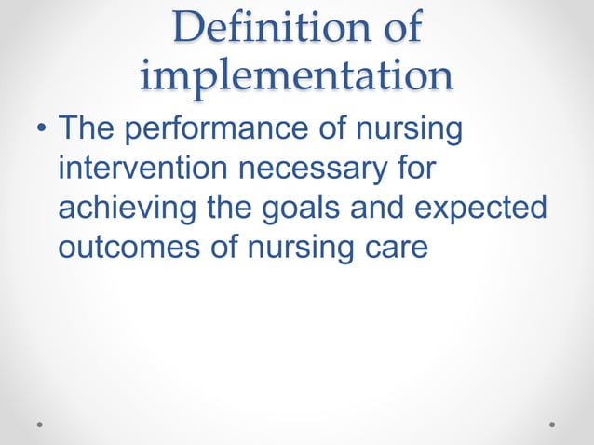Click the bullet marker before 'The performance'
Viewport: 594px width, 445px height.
click(x=41, y=130)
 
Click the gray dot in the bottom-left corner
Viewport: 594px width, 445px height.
click(x=40, y=424)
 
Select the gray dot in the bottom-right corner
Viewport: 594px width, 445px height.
click(x=552, y=424)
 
